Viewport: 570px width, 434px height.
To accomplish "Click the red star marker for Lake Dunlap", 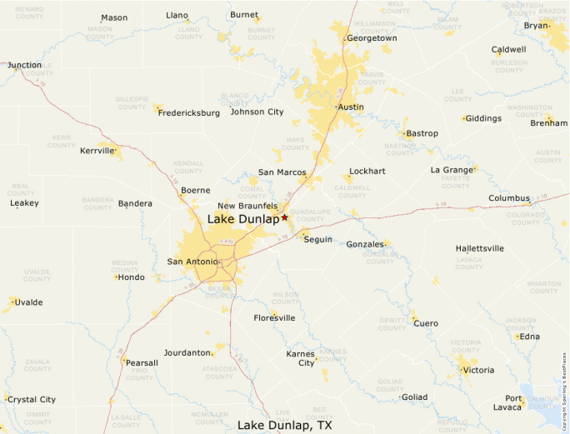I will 284,217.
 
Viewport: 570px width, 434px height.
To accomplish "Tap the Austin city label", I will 350,107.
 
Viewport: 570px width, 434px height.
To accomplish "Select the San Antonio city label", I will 192,262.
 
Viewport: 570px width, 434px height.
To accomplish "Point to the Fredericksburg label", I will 189,112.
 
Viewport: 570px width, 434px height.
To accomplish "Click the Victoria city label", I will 478,370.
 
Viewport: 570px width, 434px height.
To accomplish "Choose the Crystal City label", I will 32,400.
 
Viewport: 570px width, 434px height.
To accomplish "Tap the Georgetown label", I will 372,38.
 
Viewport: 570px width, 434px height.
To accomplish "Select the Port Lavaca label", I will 507,402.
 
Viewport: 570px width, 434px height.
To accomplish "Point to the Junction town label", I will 25,65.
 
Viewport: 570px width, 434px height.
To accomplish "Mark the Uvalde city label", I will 29,302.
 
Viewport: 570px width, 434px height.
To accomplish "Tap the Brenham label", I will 549,123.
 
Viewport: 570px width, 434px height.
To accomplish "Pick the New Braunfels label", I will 247,206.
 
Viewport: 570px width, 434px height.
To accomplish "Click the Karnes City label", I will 301,358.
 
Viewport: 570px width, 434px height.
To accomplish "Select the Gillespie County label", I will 131,103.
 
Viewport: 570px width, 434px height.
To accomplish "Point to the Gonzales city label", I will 365,244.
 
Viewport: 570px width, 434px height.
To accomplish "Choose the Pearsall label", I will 142,363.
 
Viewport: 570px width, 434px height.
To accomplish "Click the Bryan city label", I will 536,26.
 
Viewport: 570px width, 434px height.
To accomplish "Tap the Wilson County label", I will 285,297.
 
